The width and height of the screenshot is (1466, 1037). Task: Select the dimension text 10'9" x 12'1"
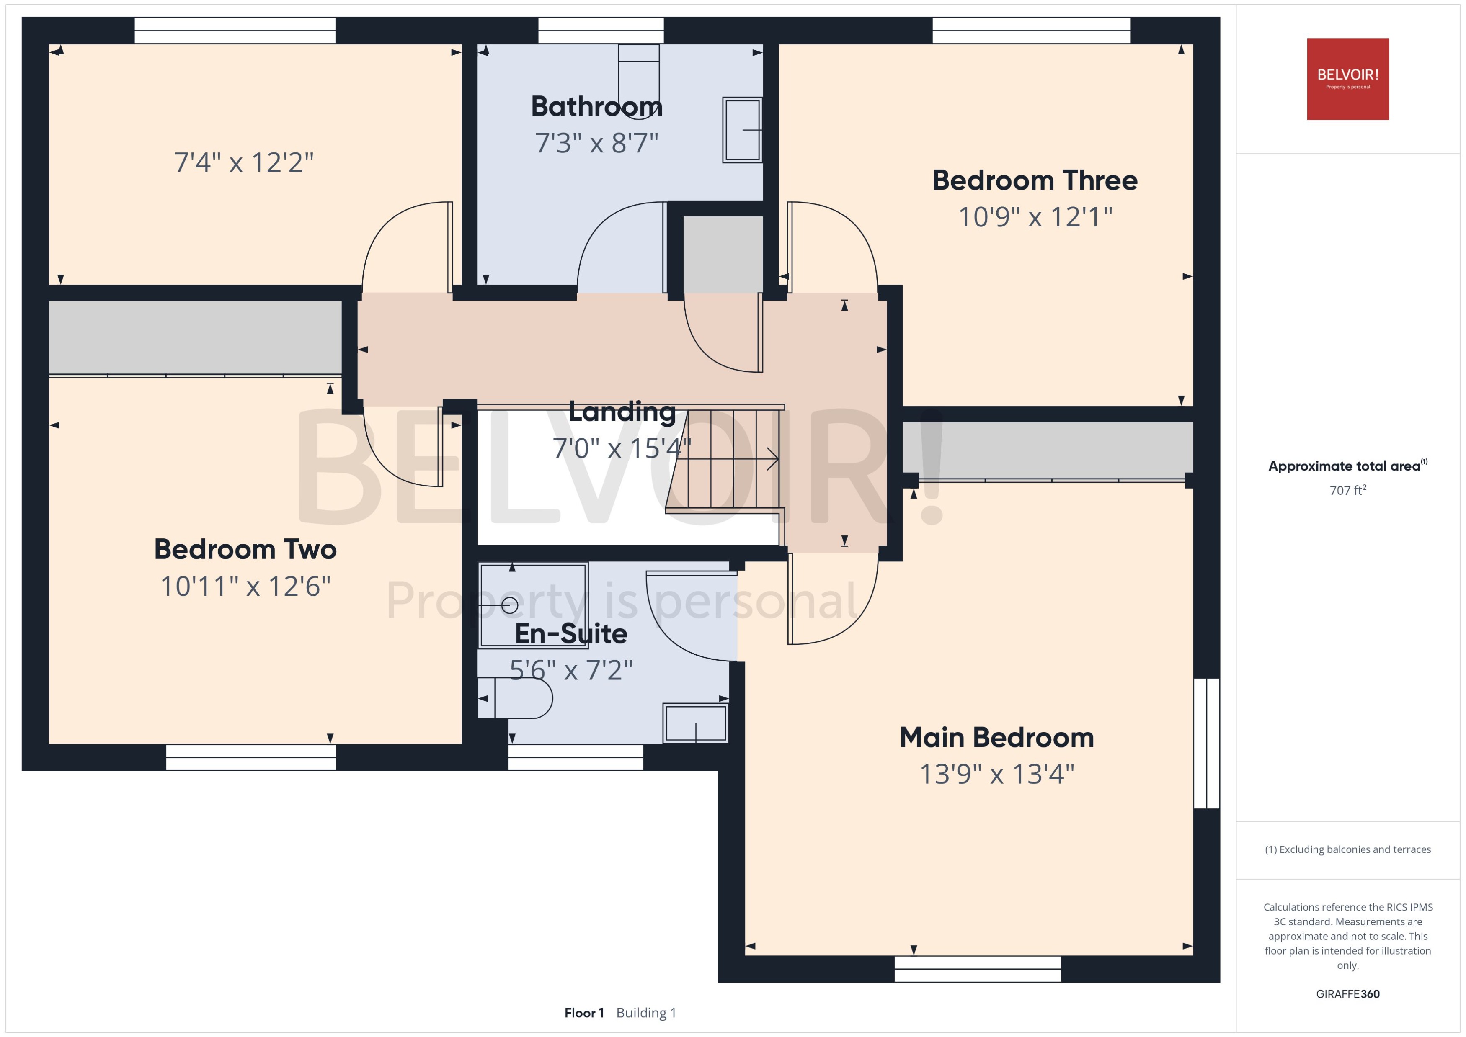(1035, 217)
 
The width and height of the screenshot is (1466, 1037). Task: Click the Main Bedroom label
(996, 738)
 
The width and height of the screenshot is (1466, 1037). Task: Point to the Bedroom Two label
(245, 549)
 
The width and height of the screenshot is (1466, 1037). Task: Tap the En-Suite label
(570, 633)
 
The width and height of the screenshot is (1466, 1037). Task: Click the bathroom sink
(742, 130)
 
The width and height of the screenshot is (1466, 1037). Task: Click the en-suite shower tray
(533, 605)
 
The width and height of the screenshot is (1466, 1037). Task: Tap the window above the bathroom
(601, 31)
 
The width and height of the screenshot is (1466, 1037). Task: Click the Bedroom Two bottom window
(250, 757)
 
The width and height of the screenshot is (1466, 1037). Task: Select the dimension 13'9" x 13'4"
(996, 775)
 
